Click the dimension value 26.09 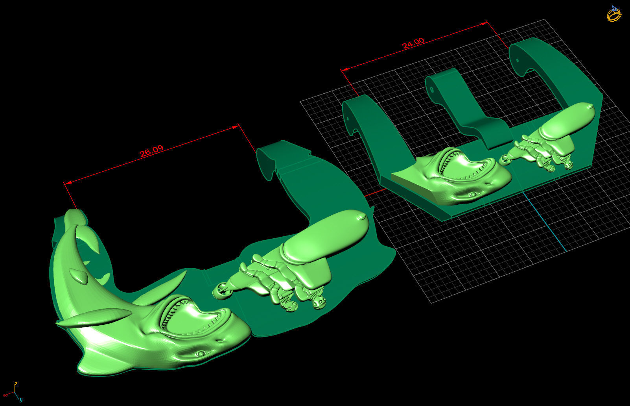click(151, 151)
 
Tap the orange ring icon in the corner click(614, 14)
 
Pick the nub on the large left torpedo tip click(361, 216)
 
